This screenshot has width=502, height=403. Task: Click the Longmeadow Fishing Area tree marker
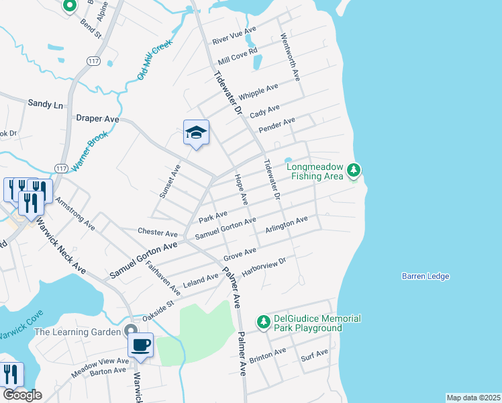click(354, 172)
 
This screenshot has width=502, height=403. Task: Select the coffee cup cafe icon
click(140, 346)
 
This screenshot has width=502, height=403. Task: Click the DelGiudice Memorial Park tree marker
click(264, 322)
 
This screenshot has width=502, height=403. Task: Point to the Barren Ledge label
click(425, 276)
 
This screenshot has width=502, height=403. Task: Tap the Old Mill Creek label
click(155, 60)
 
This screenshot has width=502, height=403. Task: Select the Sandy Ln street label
click(45, 104)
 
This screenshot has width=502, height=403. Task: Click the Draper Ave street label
click(97, 118)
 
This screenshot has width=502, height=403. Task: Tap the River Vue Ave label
click(234, 36)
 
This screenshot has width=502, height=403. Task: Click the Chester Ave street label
click(157, 232)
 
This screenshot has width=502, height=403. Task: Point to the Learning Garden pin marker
click(131, 331)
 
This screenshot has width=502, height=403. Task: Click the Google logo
click(21, 395)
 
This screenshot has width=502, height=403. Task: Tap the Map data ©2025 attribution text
click(472, 398)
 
